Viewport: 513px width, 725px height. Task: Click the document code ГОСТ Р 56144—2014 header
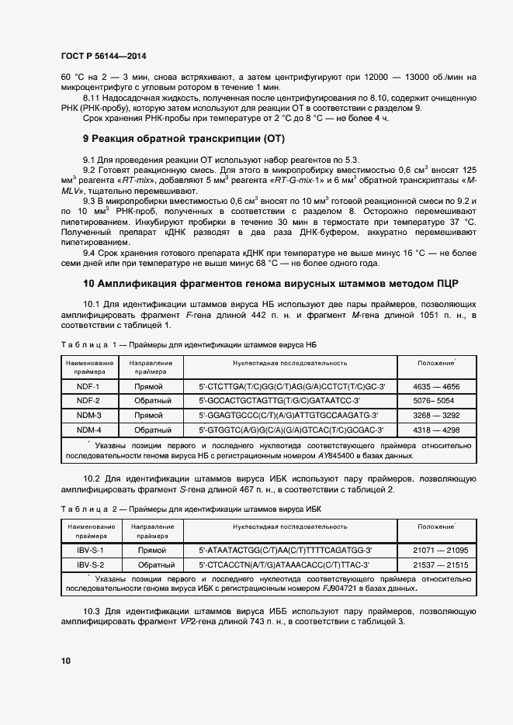(x=102, y=57)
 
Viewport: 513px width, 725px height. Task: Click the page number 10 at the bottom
(x=65, y=661)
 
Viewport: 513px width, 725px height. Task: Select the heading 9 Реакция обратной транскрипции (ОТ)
(x=184, y=139)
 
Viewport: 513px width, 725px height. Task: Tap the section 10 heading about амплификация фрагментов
(x=270, y=283)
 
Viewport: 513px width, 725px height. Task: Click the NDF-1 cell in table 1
(x=88, y=386)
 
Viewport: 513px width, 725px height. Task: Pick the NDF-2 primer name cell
(x=88, y=401)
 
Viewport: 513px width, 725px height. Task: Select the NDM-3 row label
(x=88, y=416)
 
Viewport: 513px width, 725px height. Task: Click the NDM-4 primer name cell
(x=88, y=430)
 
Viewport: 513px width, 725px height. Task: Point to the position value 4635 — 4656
(x=435, y=386)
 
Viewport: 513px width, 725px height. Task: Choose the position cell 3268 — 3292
(x=435, y=416)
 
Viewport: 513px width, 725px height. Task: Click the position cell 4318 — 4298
(x=435, y=430)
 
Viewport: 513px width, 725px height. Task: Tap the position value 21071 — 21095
(x=435, y=550)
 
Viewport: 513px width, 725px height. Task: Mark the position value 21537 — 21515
(x=435, y=564)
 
